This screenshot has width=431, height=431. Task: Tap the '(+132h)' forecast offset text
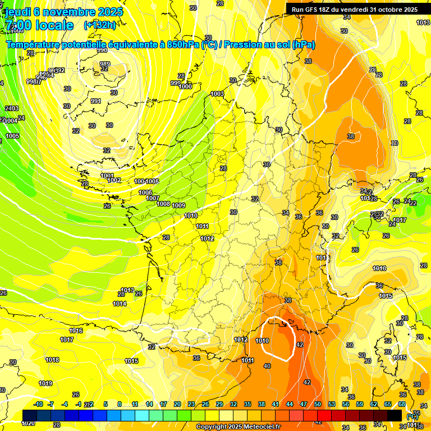99,25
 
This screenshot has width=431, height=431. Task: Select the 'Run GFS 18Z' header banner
354,9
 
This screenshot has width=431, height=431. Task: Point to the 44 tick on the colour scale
290,404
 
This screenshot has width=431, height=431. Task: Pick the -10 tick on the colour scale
38,404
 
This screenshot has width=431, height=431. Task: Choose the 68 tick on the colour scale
401,404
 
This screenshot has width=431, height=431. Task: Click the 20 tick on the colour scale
177,404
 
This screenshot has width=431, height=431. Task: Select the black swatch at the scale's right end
395,415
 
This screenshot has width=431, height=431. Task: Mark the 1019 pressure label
45,384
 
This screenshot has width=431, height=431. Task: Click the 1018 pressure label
52,360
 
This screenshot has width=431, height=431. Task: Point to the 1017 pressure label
67,340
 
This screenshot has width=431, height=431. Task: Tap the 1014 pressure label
119,304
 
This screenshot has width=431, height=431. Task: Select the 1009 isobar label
179,205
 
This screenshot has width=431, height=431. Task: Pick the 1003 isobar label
217,94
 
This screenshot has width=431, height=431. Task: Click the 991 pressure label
95,101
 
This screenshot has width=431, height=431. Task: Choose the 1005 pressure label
12,136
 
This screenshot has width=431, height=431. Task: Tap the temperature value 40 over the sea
267,366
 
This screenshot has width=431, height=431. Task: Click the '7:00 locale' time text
39,25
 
